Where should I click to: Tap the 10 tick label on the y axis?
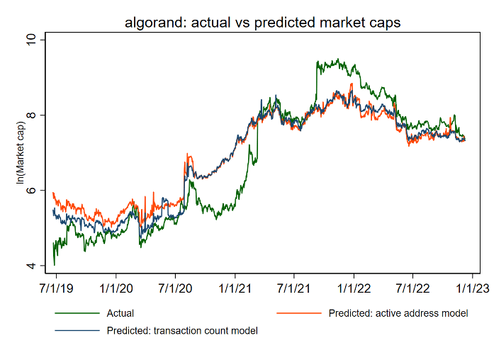30,40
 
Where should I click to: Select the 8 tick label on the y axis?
30,115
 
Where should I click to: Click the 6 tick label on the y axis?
30,191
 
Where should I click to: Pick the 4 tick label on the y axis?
30,266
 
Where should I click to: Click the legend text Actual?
120,313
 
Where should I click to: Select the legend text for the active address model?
398,313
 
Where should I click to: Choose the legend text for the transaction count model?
182,330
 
